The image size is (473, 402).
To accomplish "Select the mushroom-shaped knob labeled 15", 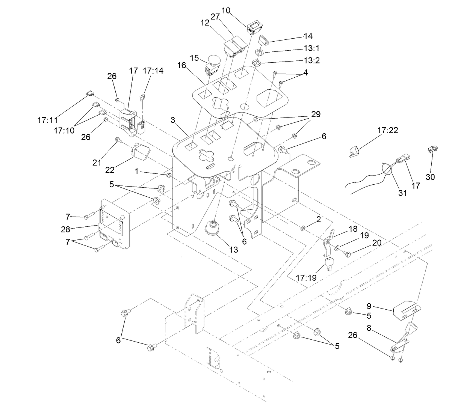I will [214, 61].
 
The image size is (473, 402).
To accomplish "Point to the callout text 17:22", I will [387, 131].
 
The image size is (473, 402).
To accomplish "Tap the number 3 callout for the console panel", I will [173, 120].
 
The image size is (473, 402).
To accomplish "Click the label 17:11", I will [48, 120].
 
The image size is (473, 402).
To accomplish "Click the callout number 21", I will [97, 162].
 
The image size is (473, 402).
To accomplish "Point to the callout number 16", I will [182, 65].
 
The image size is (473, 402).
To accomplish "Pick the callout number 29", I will [316, 114].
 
